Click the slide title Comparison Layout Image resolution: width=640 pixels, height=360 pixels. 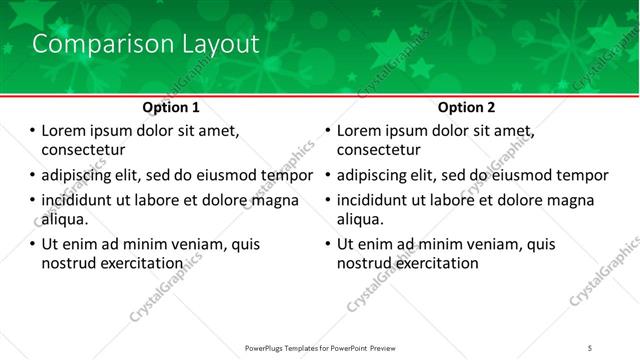pyautogui.click(x=146, y=45)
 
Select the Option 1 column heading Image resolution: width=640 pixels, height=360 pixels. pyautogui.click(x=171, y=107)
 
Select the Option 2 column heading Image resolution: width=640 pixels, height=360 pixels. pyautogui.click(x=467, y=107)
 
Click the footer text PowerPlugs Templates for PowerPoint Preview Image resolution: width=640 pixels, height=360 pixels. pyautogui.click(x=319, y=347)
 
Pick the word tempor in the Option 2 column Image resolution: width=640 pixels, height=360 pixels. pyautogui.click(x=582, y=175)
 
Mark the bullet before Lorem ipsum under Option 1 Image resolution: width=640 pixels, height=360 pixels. pyautogui.click(x=31, y=130)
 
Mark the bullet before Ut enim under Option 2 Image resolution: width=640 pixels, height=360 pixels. pyautogui.click(x=327, y=244)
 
